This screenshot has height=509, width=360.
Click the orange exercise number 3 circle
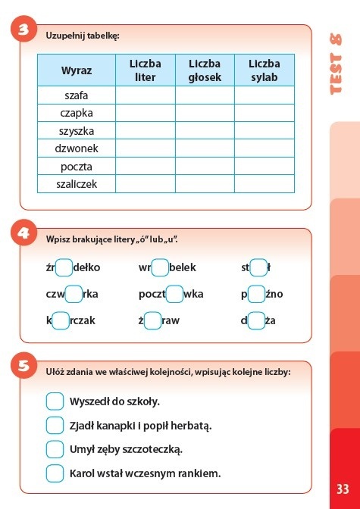point(24,31)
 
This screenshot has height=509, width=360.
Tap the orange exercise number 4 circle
point(24,234)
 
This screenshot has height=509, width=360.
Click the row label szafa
point(77,95)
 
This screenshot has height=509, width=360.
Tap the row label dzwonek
point(77,148)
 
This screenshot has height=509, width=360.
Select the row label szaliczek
point(77,183)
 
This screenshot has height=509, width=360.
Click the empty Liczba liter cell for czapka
point(145,113)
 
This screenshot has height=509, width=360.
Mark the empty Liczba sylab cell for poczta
point(264,166)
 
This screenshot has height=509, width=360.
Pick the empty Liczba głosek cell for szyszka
point(205,130)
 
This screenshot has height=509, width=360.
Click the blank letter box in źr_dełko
point(64,267)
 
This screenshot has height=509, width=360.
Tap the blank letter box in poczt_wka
point(174,294)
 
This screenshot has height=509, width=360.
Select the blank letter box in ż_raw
point(152,320)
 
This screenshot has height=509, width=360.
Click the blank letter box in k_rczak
point(61,320)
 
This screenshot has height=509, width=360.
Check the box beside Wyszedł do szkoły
point(55,401)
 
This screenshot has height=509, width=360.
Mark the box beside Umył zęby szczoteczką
point(55,449)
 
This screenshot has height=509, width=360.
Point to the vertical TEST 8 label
point(339,64)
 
